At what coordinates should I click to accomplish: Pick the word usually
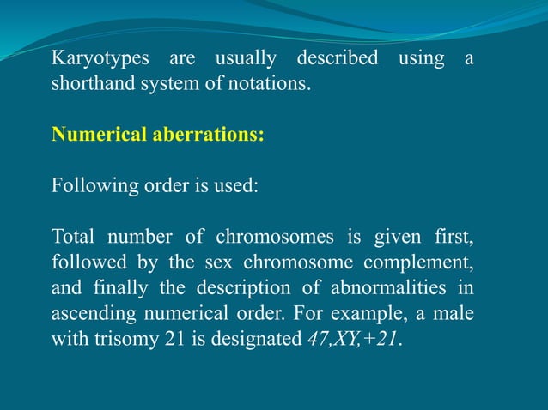[x=245, y=60]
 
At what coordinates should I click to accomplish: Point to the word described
[x=337, y=60]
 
